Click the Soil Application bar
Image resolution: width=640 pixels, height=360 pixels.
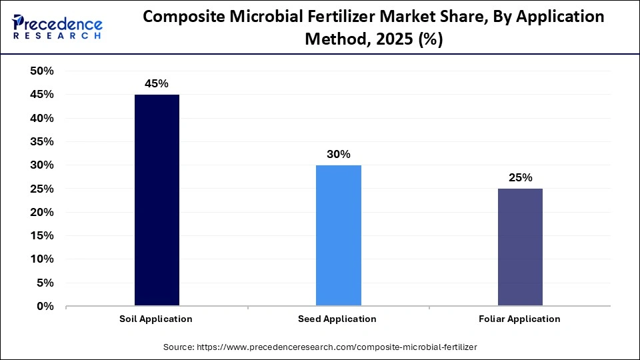point(157,200)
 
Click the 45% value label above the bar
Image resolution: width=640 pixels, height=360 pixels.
point(157,83)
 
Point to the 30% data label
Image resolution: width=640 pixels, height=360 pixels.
point(338,154)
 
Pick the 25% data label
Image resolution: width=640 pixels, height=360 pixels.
point(520,177)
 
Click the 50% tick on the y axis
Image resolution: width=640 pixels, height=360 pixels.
point(42,71)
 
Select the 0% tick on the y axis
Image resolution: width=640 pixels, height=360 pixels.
point(45,307)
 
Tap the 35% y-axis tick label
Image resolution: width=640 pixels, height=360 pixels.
point(42,142)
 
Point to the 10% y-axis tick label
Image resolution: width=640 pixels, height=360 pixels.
point(42,259)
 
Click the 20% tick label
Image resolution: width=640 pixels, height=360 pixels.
point(42,212)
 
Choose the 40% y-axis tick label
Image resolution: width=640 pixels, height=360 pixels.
point(42,119)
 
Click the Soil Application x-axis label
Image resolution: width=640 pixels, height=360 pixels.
point(157,319)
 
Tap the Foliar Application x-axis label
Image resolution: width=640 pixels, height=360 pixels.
point(519,319)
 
